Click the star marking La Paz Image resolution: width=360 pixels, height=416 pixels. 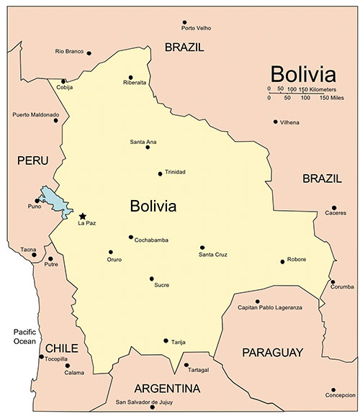[83, 216]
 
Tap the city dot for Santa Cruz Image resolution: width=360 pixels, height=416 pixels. [202, 248]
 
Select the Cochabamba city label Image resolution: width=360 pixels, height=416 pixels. [152, 240]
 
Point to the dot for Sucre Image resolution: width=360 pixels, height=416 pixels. [152, 279]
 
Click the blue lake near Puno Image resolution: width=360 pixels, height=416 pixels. [54, 202]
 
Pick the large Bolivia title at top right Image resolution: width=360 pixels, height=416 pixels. [302, 74]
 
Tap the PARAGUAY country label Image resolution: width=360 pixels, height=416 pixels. [272, 352]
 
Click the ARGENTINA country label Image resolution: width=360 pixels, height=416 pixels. [167, 389]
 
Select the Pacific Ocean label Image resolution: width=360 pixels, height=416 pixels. [24, 336]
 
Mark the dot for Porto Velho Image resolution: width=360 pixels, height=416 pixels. [184, 22]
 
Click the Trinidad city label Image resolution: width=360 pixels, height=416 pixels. [175, 172]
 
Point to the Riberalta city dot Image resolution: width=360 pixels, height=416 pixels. [130, 77]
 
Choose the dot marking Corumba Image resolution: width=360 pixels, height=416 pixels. [333, 282]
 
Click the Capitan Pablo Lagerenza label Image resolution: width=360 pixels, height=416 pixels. [270, 307]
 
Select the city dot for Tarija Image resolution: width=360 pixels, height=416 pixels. [166, 340]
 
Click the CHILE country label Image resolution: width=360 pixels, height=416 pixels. [61, 348]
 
